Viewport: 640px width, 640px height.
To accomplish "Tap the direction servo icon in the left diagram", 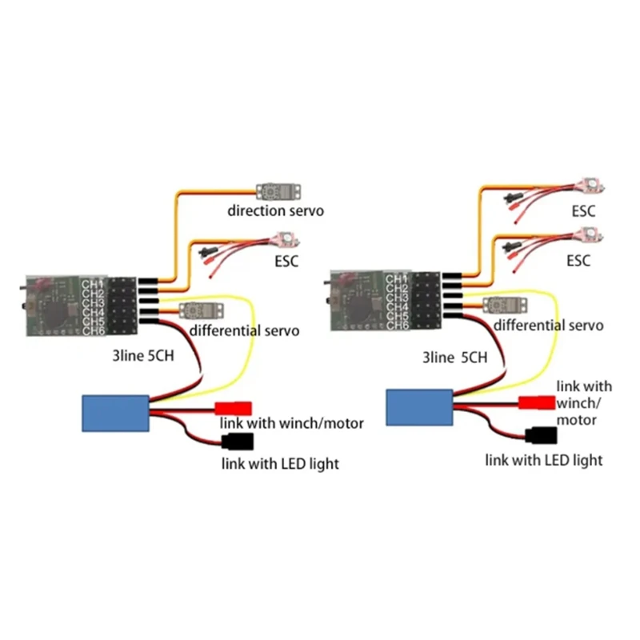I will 278,190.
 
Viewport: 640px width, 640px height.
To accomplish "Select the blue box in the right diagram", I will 419,406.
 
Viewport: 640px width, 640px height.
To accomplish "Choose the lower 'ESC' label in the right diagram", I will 578,261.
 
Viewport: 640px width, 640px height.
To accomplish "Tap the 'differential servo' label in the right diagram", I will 548,325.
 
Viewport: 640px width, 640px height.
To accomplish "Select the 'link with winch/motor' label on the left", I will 291,422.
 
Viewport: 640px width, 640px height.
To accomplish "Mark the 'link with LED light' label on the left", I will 280,464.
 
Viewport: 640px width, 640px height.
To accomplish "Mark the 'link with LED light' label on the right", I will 543,460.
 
